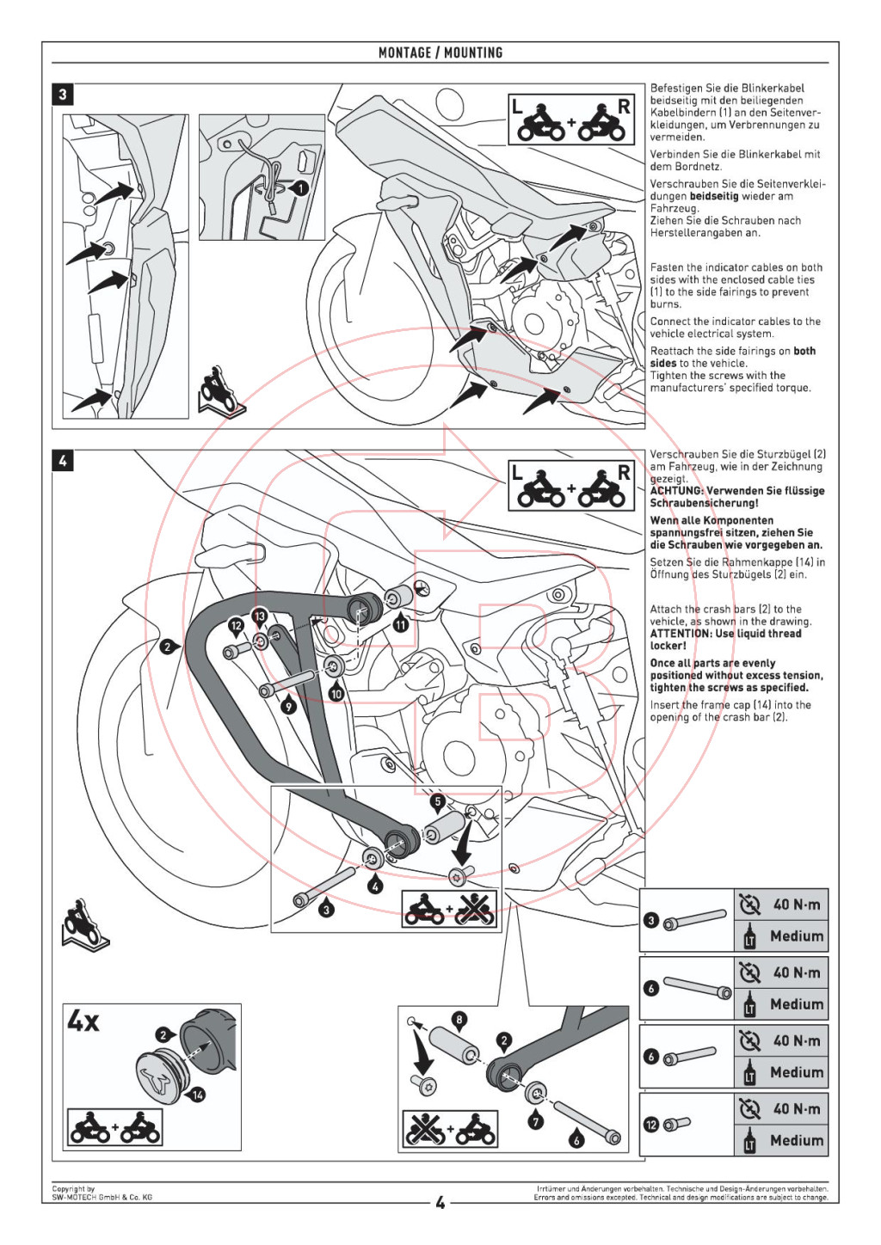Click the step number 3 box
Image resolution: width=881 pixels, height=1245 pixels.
coord(63,95)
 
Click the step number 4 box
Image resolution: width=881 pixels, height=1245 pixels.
coord(63,461)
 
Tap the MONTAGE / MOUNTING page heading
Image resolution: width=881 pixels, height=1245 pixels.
coord(440,52)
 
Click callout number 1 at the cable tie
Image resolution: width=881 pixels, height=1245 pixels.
coord(299,188)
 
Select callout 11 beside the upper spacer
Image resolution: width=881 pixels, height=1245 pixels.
coord(401,625)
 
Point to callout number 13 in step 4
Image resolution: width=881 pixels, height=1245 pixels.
coord(259,616)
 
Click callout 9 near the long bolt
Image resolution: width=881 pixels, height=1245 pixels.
coord(289,706)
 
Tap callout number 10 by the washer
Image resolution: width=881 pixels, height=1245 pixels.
coord(336,693)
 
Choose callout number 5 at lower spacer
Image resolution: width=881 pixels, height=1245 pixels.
coord(437,802)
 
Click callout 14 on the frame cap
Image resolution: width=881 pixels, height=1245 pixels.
coord(198,1095)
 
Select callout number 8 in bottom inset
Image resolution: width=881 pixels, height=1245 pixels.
coord(459,1020)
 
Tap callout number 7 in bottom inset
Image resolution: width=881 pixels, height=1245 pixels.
coord(536,1121)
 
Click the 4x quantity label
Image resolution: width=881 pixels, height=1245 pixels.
coord(83,1021)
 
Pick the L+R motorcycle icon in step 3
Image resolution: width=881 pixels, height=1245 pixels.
coord(571,120)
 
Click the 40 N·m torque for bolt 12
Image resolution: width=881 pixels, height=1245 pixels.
coord(796,1109)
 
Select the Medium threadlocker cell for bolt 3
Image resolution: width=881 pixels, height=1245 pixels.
coord(796,936)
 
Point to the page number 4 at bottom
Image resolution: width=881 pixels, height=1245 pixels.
coord(440,1203)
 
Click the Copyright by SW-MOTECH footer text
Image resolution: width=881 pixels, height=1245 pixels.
coord(102,1193)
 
